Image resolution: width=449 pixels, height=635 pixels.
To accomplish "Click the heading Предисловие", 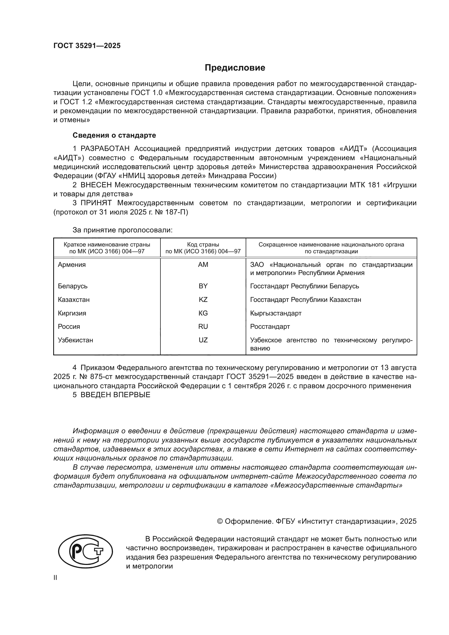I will (235, 68).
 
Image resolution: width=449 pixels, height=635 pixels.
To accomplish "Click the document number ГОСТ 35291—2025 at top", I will (87, 46).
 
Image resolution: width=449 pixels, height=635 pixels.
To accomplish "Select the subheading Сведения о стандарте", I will (114, 135).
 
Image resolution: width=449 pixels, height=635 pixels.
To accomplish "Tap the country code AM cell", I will (203, 265).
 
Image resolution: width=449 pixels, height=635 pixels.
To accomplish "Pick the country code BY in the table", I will (203, 286).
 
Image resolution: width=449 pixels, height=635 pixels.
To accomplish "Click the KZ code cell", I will (203, 299).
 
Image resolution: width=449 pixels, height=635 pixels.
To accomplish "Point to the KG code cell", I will (203, 313).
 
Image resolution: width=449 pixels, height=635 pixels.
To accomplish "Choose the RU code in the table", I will (203, 326).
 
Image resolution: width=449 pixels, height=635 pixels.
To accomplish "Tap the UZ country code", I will (203, 340).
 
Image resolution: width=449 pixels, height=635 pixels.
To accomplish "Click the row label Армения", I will (72, 265).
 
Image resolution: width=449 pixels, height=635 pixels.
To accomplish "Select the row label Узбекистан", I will (75, 340).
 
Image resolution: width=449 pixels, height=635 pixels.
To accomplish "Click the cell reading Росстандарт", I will (270, 326).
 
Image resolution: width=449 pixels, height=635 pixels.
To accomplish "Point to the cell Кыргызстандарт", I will (276, 313).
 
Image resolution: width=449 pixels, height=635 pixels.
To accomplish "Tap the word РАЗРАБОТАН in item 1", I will (105, 149).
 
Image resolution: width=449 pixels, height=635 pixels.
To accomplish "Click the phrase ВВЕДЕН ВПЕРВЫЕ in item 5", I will (115, 395).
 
